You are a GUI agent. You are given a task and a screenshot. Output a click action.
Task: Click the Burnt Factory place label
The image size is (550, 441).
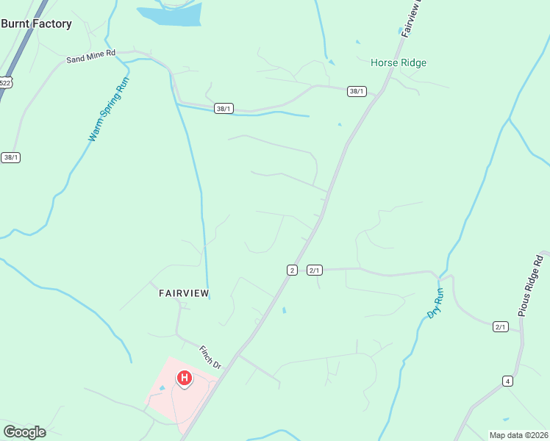coord(36,24)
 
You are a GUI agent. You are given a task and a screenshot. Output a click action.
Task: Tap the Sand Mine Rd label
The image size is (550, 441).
coord(91,54)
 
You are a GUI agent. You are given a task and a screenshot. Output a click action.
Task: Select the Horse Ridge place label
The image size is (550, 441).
coord(398,63)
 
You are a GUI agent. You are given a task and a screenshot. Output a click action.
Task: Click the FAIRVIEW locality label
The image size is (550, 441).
coord(184,293)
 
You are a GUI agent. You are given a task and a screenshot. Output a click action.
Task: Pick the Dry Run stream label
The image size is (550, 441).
coord(435,303)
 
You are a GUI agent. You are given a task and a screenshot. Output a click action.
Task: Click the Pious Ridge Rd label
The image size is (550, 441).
coord(540,285)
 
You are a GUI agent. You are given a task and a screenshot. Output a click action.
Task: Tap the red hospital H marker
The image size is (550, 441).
coord(185,379)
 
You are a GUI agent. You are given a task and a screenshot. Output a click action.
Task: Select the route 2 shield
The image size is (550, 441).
coord(292,270)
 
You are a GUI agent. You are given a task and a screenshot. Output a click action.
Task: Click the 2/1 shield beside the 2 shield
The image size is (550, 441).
coord(315,270)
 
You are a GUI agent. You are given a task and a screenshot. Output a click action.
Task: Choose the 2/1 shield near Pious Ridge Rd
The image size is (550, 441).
coord(501,326)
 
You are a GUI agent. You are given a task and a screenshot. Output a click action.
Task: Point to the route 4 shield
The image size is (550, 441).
coord(507,381)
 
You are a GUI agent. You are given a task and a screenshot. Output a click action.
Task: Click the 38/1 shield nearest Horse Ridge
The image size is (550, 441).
coord(357,91)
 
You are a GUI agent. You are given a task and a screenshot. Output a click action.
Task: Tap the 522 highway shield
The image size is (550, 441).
coord(5,83)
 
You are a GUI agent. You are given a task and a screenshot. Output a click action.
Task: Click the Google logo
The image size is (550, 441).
coord(24,432)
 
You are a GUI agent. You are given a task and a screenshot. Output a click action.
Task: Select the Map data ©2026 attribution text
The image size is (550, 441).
coord(518,435)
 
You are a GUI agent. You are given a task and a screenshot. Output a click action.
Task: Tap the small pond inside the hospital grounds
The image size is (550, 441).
coord(162,388)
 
